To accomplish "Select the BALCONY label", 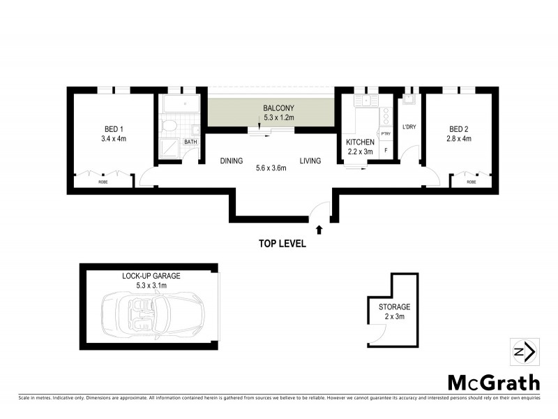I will tap(278, 108).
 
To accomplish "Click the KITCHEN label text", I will tap(361, 142).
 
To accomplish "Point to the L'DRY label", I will tap(409, 127).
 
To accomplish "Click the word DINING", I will tap(231, 161).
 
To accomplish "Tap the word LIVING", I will tap(310, 161).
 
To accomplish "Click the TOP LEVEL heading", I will tap(282, 244).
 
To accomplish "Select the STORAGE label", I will tap(394, 307).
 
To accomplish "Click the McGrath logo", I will tap(493, 383).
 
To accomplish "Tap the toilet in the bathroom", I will tap(167, 126).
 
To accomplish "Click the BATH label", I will tap(190, 142).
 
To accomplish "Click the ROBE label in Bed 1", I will tap(103, 182).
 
